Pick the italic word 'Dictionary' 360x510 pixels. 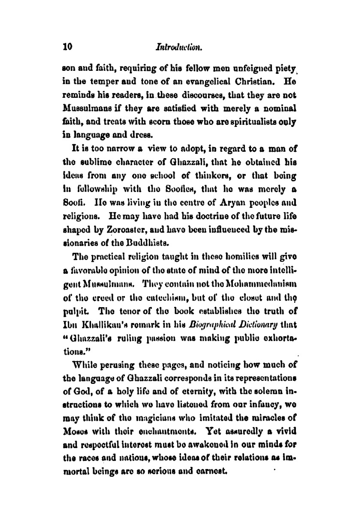click(258, 318)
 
